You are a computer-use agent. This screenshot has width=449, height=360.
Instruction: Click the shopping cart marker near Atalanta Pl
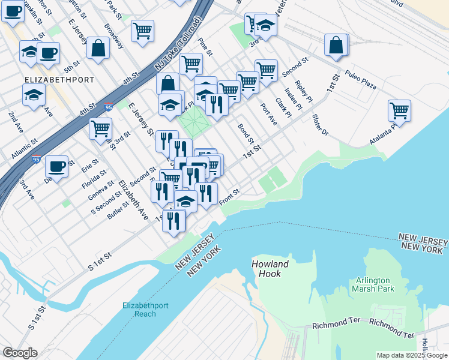pyautogui.click(x=399, y=111)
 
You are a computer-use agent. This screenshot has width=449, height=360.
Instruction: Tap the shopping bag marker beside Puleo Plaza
pyautogui.click(x=336, y=46)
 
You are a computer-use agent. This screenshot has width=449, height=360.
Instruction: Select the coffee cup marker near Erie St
pyautogui.click(x=56, y=166)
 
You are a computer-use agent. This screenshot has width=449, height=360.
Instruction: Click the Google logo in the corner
pyautogui.click(x=19, y=352)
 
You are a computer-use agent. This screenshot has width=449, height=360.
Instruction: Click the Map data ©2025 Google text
pyautogui.click(x=412, y=355)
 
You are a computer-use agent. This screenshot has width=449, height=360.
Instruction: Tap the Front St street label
pyautogui.click(x=229, y=196)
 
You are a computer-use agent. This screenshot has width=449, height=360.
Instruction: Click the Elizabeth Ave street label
pyautogui.click(x=133, y=199)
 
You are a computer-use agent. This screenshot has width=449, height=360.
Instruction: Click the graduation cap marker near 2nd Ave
pyautogui.click(x=34, y=95)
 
